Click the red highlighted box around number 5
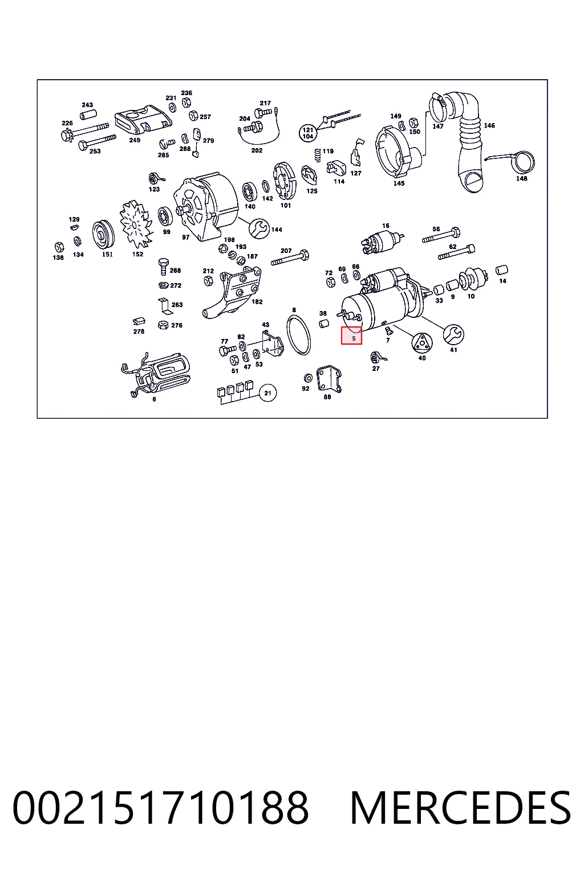point(351,336)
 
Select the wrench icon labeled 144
point(259,228)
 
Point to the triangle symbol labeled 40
point(421,343)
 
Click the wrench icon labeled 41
point(453,334)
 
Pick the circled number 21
point(267,393)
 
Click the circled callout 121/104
point(308,133)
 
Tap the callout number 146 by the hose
point(489,125)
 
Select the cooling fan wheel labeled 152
point(135,224)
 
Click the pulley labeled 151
point(103,234)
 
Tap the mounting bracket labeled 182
point(233,292)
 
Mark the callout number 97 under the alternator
point(185,237)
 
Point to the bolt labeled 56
point(441,236)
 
